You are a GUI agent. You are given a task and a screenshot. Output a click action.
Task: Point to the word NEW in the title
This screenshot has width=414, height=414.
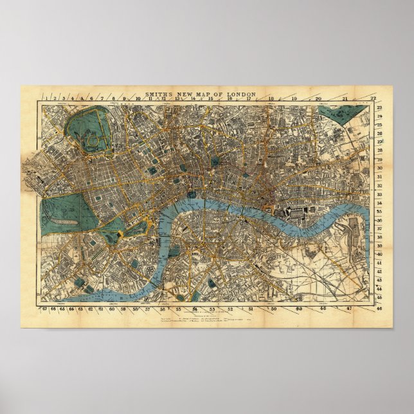(x=187, y=94)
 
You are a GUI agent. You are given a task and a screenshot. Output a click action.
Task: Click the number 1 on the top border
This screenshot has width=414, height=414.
(x=43, y=98)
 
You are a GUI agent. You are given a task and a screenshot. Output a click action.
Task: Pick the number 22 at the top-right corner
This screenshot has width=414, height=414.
(x=373, y=98)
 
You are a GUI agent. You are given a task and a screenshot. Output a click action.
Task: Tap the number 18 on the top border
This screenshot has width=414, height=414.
(x=271, y=99)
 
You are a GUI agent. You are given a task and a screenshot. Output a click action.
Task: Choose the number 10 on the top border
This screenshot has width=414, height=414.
(x=138, y=99)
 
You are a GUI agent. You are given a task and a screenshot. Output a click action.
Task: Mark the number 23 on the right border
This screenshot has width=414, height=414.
(x=380, y=108)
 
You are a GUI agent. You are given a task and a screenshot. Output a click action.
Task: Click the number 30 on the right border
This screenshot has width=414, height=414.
(x=380, y=168)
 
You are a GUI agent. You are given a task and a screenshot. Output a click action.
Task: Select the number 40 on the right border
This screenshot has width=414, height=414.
(x=380, y=254)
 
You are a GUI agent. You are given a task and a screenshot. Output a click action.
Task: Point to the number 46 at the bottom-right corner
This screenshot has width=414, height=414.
(x=380, y=309)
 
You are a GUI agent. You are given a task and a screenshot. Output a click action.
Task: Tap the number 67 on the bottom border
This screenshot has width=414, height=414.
(x=44, y=309)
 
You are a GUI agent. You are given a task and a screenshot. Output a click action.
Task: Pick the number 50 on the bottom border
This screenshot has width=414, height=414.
(x=274, y=309)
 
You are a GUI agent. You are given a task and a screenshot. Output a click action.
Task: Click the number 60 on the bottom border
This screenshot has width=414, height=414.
(x=112, y=309)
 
